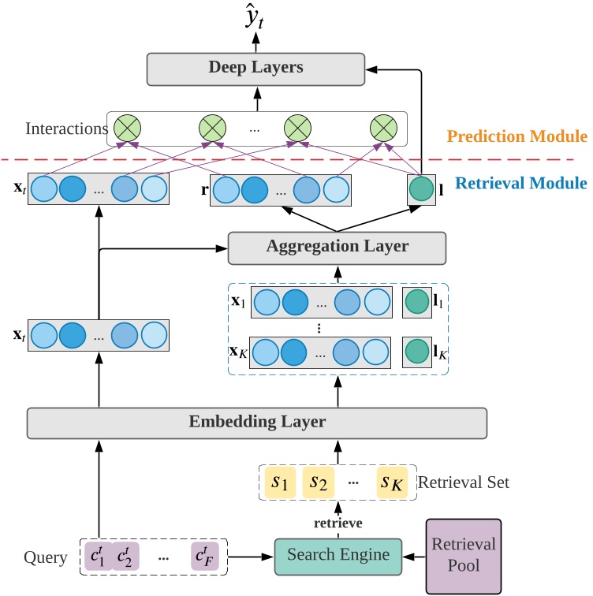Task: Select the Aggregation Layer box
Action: (x=337, y=248)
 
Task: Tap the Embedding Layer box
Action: (x=256, y=423)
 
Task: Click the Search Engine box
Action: (x=338, y=556)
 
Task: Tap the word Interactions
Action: (x=66, y=129)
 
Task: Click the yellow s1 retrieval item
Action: (x=280, y=481)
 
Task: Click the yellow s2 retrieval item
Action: (x=319, y=481)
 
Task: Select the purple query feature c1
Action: (x=99, y=556)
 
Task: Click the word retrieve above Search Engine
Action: (x=338, y=521)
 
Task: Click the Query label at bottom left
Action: (x=45, y=558)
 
